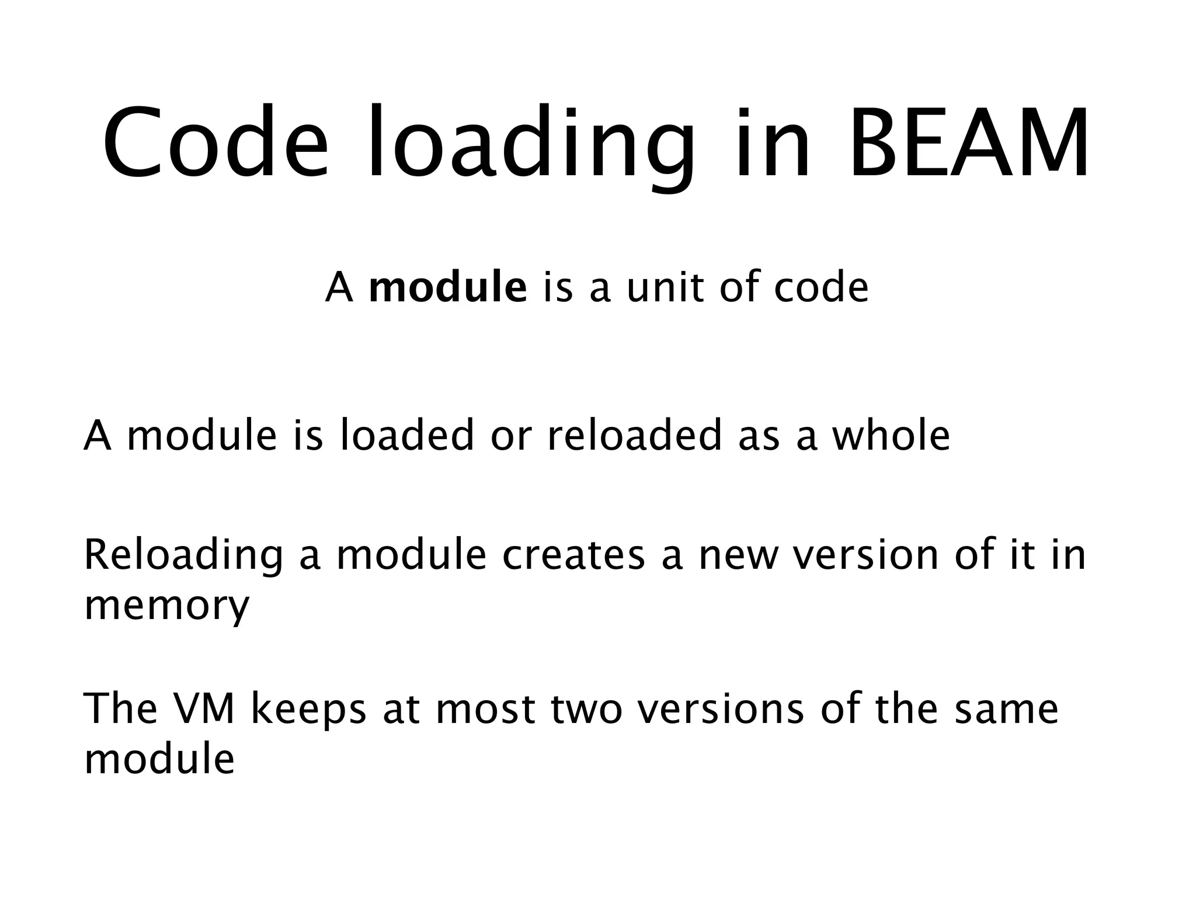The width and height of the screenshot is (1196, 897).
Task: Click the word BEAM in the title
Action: point(968,143)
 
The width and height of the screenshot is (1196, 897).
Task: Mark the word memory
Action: point(167,607)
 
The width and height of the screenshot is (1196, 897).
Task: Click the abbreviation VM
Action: point(204,709)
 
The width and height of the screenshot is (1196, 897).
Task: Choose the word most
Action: point(485,709)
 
